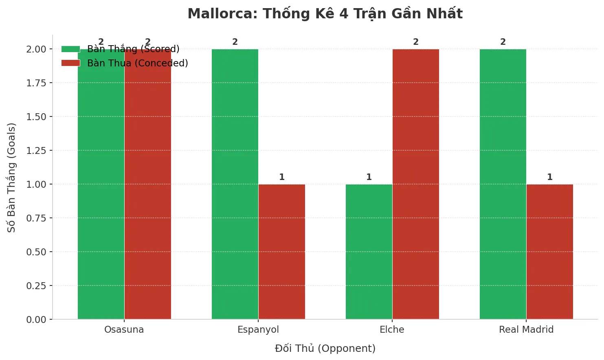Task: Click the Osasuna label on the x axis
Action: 124,330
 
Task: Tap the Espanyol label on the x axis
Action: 258,330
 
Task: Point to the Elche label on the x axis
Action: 392,330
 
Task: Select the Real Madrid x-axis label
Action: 526,330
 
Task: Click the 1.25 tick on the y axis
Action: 36,151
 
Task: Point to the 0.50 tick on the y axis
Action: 36,252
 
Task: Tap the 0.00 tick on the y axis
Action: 36,320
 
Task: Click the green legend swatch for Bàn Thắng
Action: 70,49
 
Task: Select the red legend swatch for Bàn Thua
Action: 70,63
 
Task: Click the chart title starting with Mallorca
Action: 325,14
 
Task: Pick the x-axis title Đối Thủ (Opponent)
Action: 325,349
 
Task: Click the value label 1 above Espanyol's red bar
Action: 282,177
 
